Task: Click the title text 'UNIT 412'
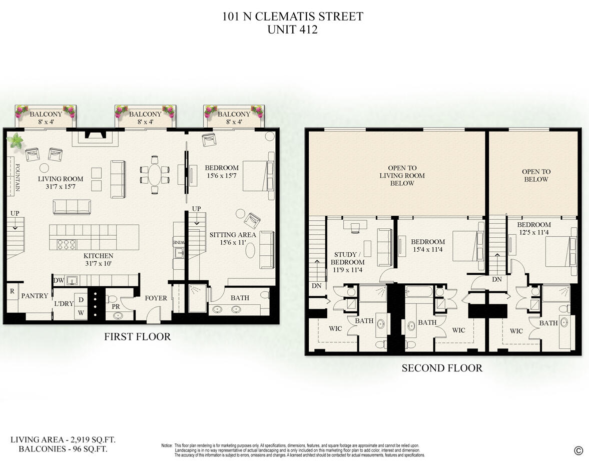point(293,30)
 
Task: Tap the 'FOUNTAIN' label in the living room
point(17,178)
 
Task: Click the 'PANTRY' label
point(35,296)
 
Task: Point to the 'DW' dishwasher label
point(59,281)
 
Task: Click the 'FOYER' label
point(156,298)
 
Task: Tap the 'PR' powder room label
point(115,306)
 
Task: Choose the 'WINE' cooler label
point(179,242)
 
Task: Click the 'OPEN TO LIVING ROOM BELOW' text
point(402,176)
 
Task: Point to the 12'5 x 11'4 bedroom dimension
point(534,232)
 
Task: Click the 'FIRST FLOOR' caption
point(137,337)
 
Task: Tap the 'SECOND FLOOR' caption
point(442,368)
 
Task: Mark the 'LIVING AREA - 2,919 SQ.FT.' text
point(63,440)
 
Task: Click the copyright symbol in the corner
point(578,450)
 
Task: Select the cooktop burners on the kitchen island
point(67,244)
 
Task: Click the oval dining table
point(156,175)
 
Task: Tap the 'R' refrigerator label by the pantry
point(11,291)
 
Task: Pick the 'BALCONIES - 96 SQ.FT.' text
point(63,449)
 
